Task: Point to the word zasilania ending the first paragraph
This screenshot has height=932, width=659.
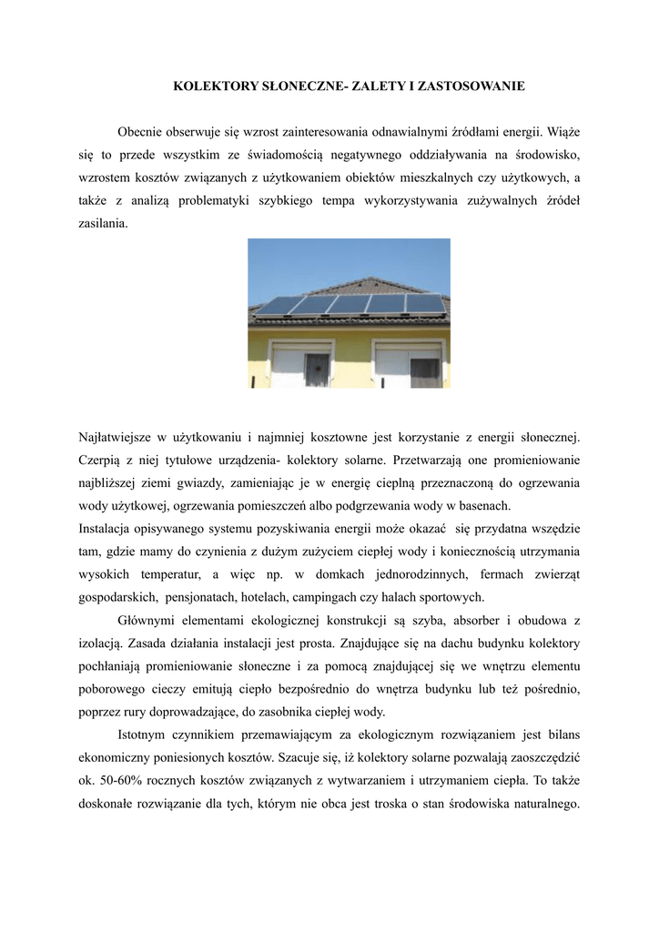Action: pos(104,222)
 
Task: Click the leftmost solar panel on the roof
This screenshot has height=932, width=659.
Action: pos(280,305)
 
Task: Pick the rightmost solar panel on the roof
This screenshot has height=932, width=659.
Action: pos(425,301)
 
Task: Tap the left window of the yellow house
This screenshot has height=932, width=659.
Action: pos(301,366)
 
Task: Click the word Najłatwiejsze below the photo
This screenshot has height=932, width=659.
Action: pos(119,440)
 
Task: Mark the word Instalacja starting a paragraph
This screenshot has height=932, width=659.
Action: pos(107,528)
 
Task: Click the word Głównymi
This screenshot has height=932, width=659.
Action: pos(149,620)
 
